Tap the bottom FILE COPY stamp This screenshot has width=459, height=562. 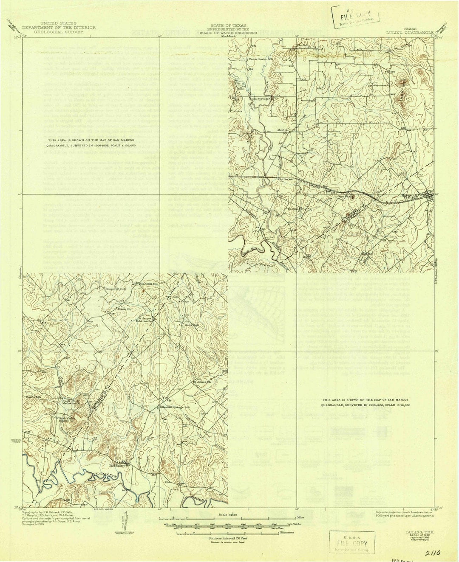350,544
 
